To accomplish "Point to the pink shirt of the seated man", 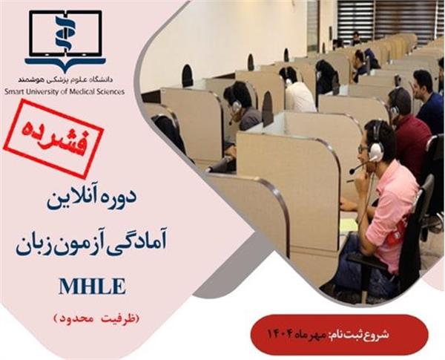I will [x=389, y=208].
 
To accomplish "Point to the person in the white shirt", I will [x=298, y=94].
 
